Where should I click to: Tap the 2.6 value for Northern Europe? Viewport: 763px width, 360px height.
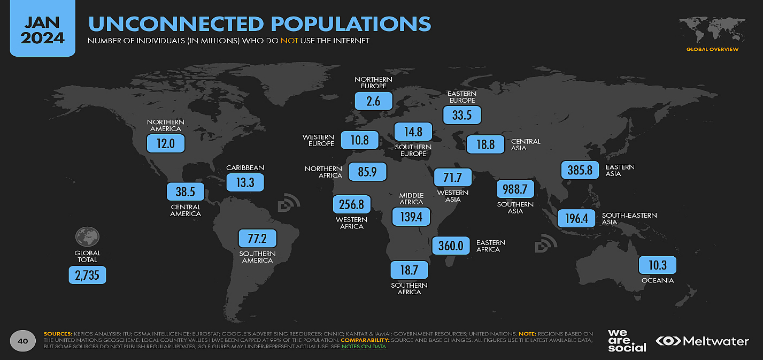coord(374,101)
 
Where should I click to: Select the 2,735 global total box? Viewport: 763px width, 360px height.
coord(87,275)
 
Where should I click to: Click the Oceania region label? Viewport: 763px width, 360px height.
coord(658,280)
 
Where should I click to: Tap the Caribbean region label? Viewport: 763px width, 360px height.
coord(245,167)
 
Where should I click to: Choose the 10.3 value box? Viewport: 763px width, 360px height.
coord(657,265)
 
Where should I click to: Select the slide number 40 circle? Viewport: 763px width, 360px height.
coord(22,341)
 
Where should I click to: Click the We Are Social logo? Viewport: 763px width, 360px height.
coord(627,340)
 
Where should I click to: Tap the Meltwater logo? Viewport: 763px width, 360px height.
coord(702,341)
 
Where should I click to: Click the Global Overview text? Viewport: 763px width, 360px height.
coord(712,49)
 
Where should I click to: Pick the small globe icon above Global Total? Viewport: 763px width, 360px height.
coord(87,236)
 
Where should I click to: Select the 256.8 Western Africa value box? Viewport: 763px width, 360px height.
coord(351,204)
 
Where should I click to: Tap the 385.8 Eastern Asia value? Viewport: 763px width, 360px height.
coord(580,171)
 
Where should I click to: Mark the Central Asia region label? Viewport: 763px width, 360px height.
coord(526,144)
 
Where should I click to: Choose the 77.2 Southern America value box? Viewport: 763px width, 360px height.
coord(257,238)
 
